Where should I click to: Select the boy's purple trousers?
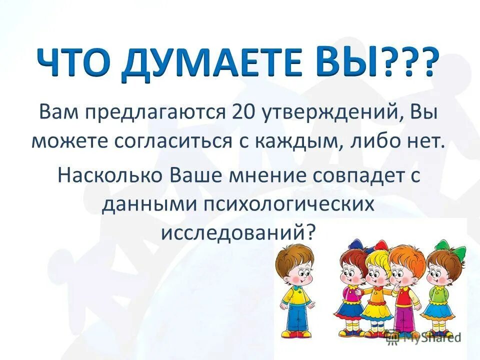click(403, 318)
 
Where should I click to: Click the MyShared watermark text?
click(434, 337)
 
